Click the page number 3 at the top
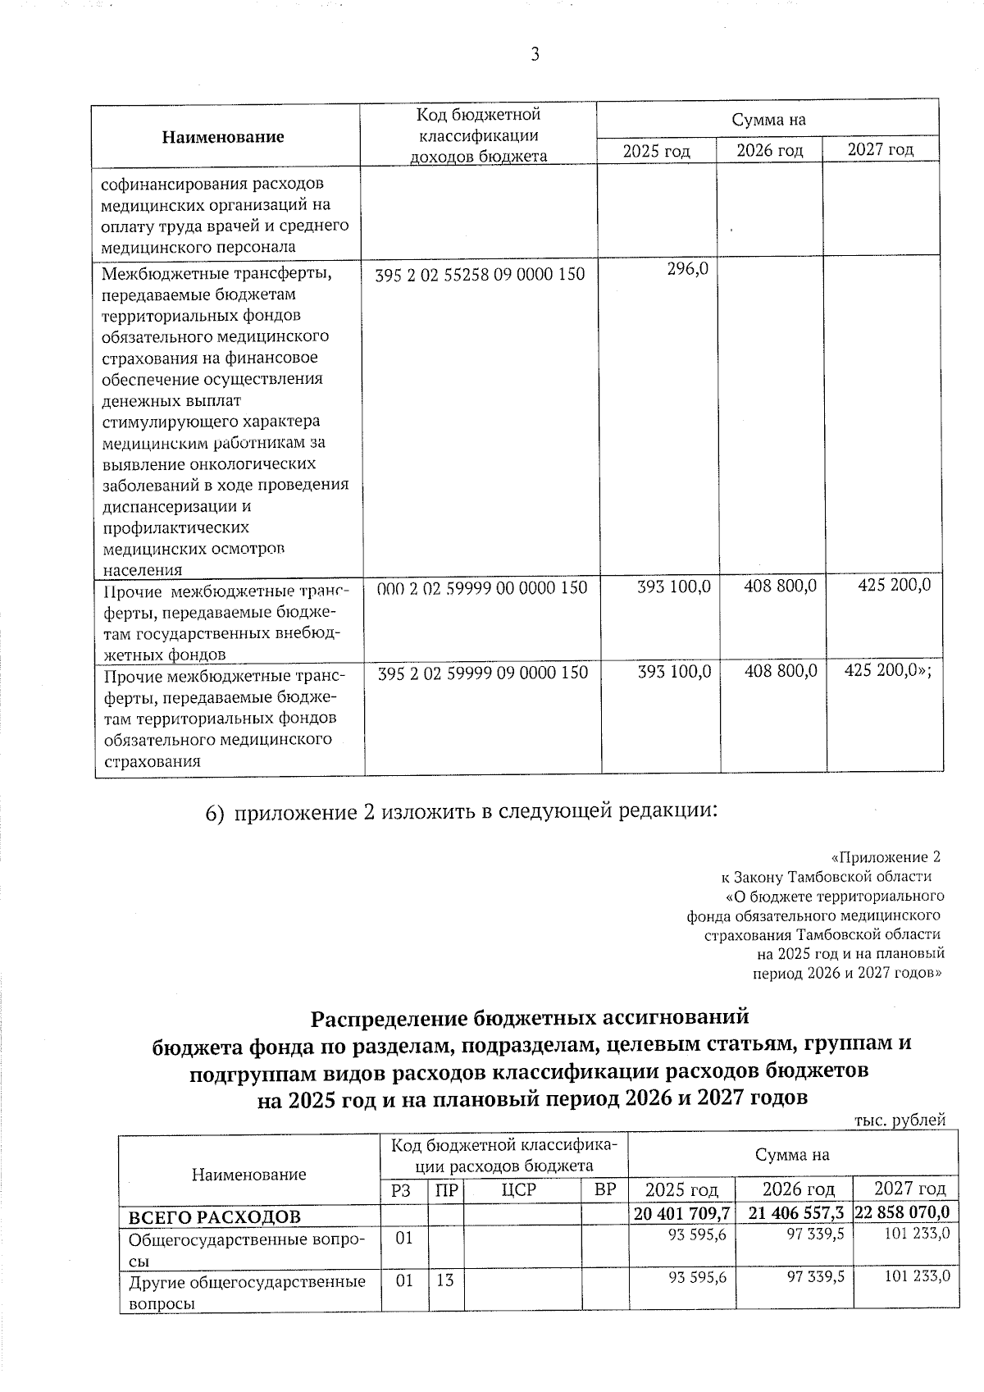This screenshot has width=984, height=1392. pos(535,55)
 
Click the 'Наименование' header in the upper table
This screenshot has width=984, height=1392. pos(223,137)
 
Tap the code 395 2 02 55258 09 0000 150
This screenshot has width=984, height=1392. pos(481,275)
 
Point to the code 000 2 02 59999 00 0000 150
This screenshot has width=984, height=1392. pos(482,588)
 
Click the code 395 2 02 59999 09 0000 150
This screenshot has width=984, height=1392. pos(483,673)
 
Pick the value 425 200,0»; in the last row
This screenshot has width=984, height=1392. pos(888,672)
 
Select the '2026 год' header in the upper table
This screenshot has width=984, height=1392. pos(769,151)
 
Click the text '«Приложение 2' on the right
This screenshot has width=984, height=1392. pos(885,857)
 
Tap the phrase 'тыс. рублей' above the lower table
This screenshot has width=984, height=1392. pos(900,1120)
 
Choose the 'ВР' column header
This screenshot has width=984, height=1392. pos(604,1189)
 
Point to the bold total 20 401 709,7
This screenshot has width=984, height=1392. pos(681,1212)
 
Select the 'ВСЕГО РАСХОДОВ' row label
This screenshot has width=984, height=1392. pos(209,1215)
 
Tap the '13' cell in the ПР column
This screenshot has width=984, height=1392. pos(444,1279)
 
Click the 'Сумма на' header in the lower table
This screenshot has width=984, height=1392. pos(792,1155)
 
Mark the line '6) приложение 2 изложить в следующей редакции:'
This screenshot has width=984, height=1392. pos(461,812)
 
